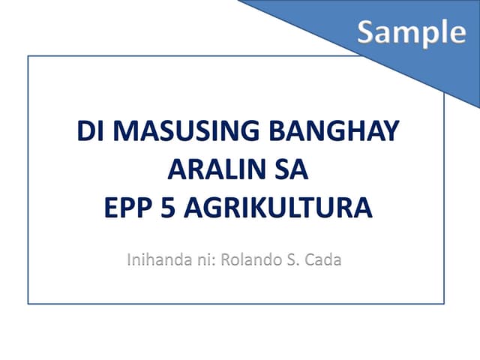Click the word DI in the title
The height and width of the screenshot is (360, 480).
(88, 133)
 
